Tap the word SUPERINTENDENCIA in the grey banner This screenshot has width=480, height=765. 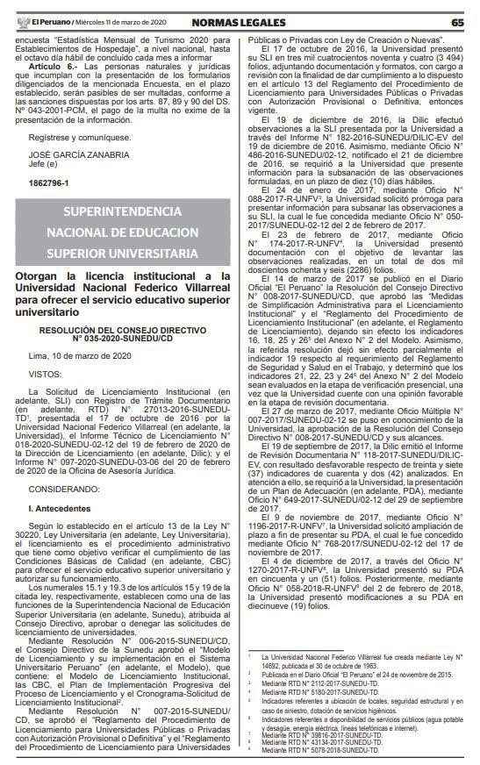[122, 211]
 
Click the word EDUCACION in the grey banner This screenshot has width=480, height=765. [161, 232]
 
